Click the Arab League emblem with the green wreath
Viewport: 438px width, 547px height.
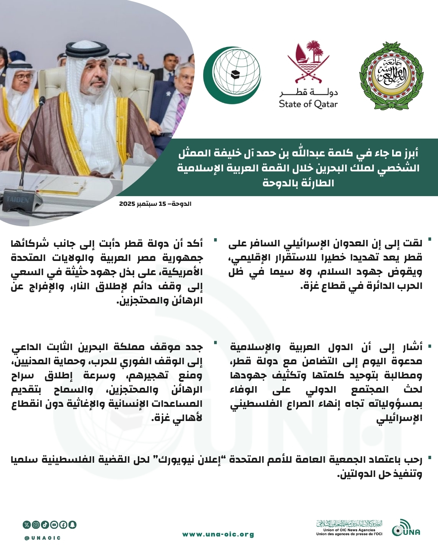(391, 76)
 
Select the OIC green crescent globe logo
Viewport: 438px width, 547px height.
(232, 75)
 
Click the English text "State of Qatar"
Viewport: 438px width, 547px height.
(308, 104)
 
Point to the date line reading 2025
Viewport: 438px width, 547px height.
(155, 203)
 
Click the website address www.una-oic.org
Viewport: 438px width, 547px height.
(218, 534)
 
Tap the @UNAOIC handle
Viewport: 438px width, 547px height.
(43, 538)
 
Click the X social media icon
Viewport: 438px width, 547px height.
(27, 525)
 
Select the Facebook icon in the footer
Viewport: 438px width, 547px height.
(63, 525)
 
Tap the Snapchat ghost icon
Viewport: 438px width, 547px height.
(73, 525)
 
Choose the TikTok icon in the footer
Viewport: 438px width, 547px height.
(45, 525)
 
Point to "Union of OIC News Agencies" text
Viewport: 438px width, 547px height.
(349, 530)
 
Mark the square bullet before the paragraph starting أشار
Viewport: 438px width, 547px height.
(429, 347)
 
